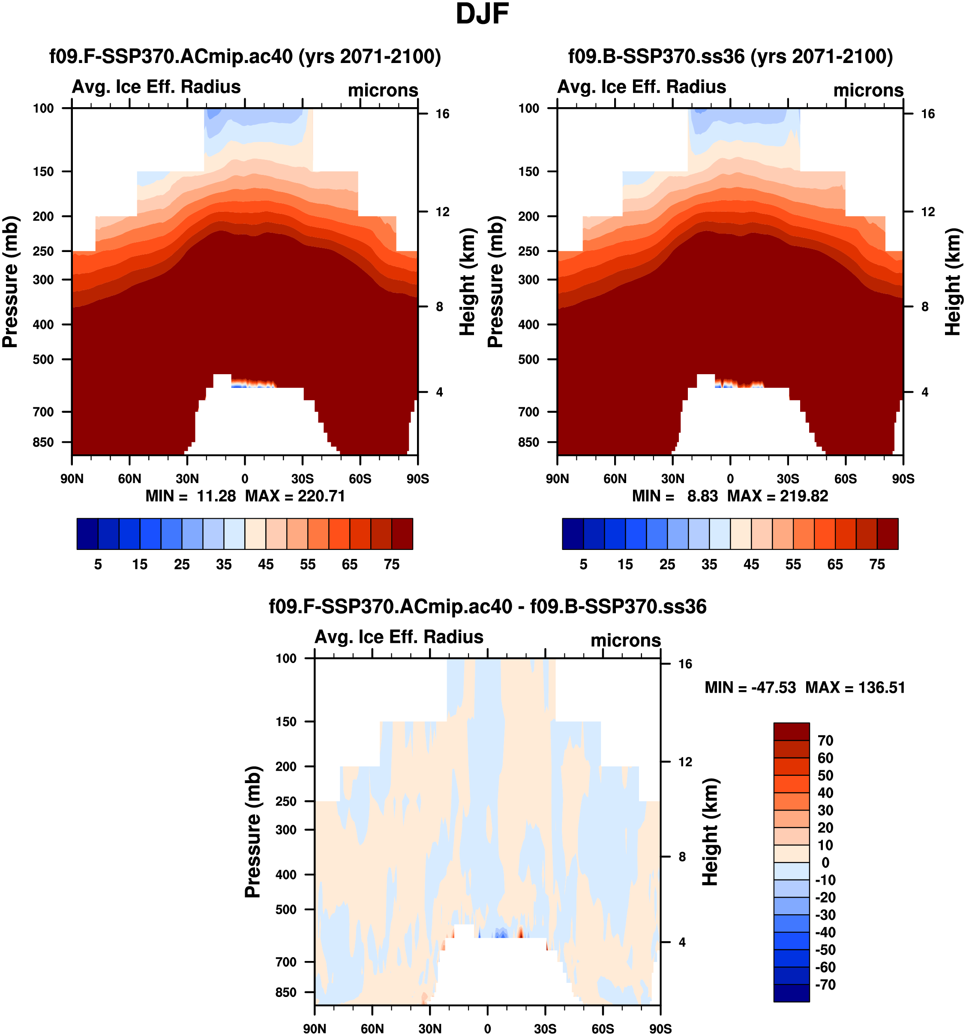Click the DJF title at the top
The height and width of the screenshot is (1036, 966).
click(x=482, y=15)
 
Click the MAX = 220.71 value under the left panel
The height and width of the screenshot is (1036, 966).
click(x=295, y=495)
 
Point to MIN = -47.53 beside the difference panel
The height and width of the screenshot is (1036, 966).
click(x=750, y=688)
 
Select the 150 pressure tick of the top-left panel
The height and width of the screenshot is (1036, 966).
click(x=43, y=171)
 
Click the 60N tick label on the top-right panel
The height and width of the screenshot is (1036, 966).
click(x=615, y=478)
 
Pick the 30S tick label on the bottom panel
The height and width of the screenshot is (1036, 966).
click(x=545, y=1029)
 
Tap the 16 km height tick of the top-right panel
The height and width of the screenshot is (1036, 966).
click(x=928, y=114)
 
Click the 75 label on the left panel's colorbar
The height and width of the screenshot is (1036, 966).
click(x=391, y=565)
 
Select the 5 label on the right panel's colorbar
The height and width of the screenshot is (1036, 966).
click(x=584, y=565)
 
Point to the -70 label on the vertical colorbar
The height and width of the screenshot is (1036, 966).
click(x=825, y=985)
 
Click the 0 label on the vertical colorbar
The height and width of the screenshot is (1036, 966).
click(x=825, y=862)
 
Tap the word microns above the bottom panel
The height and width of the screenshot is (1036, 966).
click(x=625, y=640)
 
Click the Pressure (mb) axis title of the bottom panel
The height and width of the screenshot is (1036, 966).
click(x=253, y=831)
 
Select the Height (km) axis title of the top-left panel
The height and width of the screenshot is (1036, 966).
click(x=468, y=282)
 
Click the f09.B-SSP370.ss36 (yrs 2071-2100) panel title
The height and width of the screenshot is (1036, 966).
click(x=730, y=56)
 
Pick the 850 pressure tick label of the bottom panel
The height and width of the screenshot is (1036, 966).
click(x=286, y=992)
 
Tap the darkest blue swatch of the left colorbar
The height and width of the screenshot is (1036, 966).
click(x=87, y=534)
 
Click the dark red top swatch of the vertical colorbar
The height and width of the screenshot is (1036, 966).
click(x=791, y=731)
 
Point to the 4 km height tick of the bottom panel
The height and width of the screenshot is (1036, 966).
click(x=682, y=942)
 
